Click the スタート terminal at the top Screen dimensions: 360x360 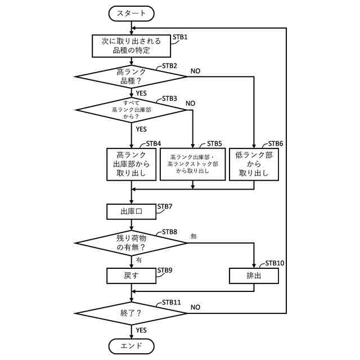(131, 12)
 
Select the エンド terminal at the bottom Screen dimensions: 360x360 (131, 345)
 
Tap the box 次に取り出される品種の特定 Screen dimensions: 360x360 (131, 46)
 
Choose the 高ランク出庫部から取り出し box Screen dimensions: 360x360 (131, 164)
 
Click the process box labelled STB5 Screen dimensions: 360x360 (192, 164)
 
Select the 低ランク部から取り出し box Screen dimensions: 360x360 (255, 164)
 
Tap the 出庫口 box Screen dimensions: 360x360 (131, 211)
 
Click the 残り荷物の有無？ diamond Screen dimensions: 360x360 (131, 242)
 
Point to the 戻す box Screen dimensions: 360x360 (131, 276)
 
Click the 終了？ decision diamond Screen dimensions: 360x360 (131, 312)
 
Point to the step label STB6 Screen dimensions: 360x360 (275, 143)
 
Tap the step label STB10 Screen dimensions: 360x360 (274, 263)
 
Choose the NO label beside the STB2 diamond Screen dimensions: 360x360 (195, 71)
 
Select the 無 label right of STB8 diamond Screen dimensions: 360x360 (193, 236)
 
